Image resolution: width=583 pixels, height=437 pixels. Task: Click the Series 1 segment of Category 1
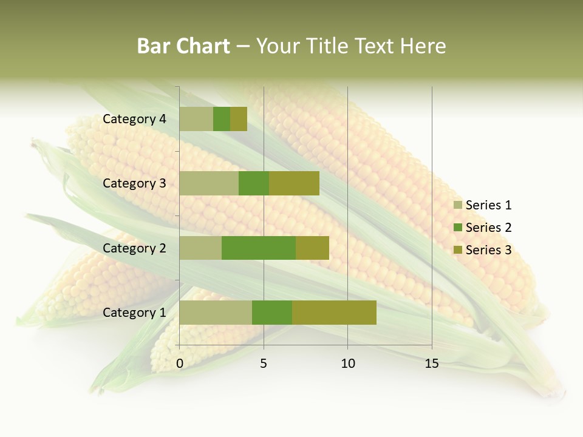(x=216, y=313)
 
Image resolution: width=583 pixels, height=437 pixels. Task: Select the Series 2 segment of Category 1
(x=272, y=313)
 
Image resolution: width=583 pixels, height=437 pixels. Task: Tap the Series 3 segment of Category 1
(x=334, y=313)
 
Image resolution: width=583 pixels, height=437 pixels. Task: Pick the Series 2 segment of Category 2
(x=259, y=248)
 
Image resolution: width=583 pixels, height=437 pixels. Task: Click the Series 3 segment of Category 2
(x=312, y=248)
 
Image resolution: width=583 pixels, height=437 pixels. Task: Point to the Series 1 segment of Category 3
(x=209, y=183)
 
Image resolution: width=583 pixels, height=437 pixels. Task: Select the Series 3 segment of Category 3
(x=294, y=183)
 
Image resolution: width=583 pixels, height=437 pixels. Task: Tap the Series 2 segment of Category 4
(x=222, y=119)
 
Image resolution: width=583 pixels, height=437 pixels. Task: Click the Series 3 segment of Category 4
(x=239, y=119)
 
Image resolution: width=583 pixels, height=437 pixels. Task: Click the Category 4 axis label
(x=134, y=119)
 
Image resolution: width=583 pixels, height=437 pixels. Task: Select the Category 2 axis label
(x=134, y=248)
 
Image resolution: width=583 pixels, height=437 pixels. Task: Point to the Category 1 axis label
(x=134, y=313)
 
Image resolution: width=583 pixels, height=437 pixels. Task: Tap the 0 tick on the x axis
(x=180, y=364)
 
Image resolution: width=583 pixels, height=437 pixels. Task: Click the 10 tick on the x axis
(x=347, y=364)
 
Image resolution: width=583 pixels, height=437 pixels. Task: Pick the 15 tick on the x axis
(x=432, y=364)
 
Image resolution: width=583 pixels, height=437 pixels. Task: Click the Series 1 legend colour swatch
(x=458, y=205)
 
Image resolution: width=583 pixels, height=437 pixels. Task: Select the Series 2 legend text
(x=488, y=228)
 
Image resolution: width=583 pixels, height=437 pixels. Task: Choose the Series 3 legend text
(x=488, y=250)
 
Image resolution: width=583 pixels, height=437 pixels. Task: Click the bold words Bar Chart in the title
(x=183, y=46)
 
